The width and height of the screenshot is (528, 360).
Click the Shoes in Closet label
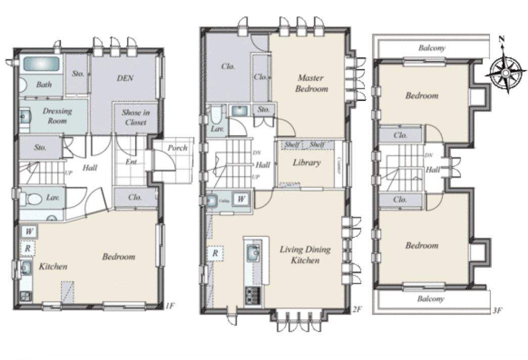[134, 118]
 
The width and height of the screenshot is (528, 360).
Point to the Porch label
[177, 148]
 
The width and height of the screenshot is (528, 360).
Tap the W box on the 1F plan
[29, 232]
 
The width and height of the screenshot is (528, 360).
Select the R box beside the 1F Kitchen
[28, 248]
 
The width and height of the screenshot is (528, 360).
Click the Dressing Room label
[57, 116]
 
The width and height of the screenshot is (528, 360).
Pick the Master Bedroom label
[312, 83]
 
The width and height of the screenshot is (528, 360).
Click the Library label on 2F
[306, 163]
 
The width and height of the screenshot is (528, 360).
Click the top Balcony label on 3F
[431, 49]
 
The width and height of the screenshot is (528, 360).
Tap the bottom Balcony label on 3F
[431, 299]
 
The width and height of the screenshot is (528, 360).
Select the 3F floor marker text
[497, 310]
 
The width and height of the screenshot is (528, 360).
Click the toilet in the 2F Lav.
[217, 118]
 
